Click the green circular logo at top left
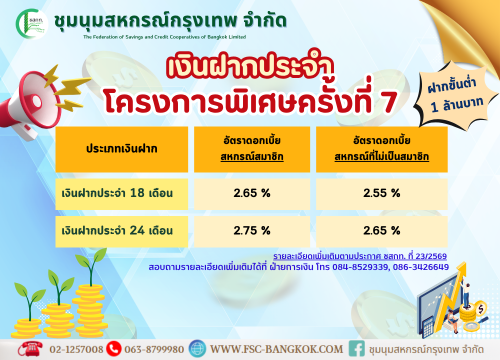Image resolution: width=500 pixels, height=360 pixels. coord(32,24)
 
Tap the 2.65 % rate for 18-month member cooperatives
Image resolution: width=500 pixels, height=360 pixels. coord(252,193)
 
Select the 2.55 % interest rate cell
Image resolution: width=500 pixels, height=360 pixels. coord(381,193)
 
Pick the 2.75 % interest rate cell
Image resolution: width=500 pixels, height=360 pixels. coord(252,230)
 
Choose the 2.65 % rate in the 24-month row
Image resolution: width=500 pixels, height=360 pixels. coord(381,230)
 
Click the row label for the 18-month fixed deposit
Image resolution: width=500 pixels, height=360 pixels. coord(117,193)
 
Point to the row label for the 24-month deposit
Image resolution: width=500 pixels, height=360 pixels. coord(117,230)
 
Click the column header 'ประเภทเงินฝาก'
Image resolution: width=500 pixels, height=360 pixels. coord(121,149)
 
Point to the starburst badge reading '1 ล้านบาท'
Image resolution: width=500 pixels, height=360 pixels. coord(456,94)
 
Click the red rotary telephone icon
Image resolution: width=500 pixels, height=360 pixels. coord(30,349)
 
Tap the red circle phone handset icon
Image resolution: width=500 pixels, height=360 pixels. coord(113,349)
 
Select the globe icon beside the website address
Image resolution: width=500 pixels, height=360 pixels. coord(197,349)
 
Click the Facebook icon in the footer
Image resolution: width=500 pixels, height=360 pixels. coord(356,349)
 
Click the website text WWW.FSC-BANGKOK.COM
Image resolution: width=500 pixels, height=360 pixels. coord(276,349)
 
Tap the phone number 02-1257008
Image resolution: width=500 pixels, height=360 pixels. coord(76,349)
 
